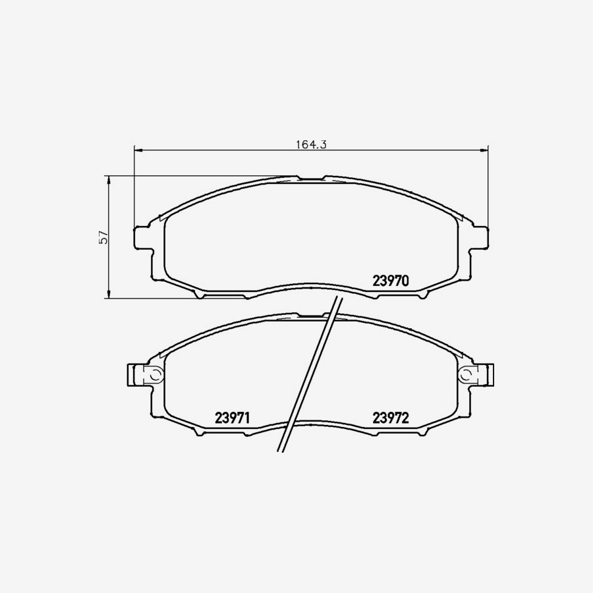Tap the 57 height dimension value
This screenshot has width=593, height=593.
(x=103, y=238)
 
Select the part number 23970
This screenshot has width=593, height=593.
(x=391, y=281)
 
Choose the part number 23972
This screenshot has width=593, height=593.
(x=391, y=418)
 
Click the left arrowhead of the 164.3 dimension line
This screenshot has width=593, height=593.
(x=137, y=151)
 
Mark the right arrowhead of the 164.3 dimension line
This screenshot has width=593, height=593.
(x=485, y=151)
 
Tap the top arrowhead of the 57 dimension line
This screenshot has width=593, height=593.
(x=108, y=179)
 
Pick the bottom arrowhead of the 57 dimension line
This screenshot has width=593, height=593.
(x=108, y=295)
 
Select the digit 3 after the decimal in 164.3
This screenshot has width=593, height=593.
(x=324, y=144)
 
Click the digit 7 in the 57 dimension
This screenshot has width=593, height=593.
(x=103, y=233)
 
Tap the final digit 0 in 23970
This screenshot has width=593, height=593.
(x=406, y=281)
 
